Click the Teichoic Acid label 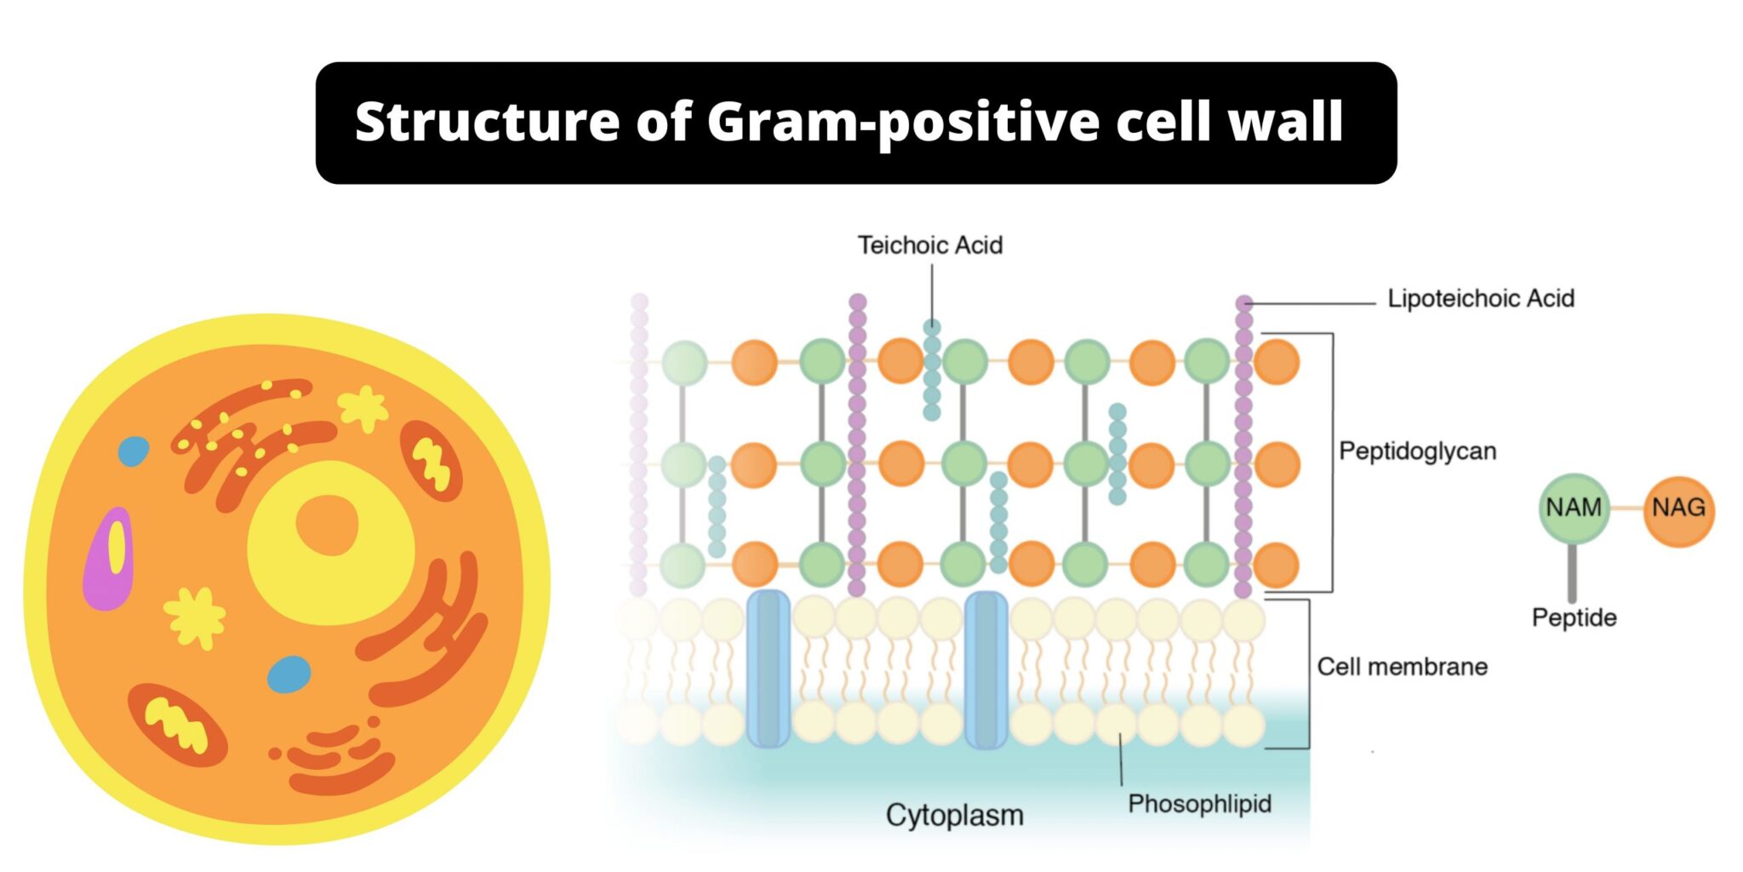click(x=929, y=245)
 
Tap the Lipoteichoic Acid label click(x=1480, y=299)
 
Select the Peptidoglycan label click(x=1417, y=451)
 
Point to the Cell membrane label click(x=1402, y=667)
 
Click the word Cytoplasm click(x=954, y=815)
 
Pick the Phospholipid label click(x=1199, y=804)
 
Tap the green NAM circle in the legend click(x=1574, y=508)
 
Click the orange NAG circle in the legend click(x=1678, y=508)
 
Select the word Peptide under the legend click(x=1574, y=617)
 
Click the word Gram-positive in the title click(x=903, y=122)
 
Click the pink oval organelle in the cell click(x=109, y=559)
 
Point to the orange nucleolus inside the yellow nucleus click(x=326, y=524)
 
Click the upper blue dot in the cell click(x=133, y=451)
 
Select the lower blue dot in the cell click(x=289, y=674)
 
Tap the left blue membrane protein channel click(x=768, y=669)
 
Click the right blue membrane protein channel click(x=986, y=669)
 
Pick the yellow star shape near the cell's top click(x=364, y=408)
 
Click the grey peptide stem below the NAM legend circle click(x=1572, y=573)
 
